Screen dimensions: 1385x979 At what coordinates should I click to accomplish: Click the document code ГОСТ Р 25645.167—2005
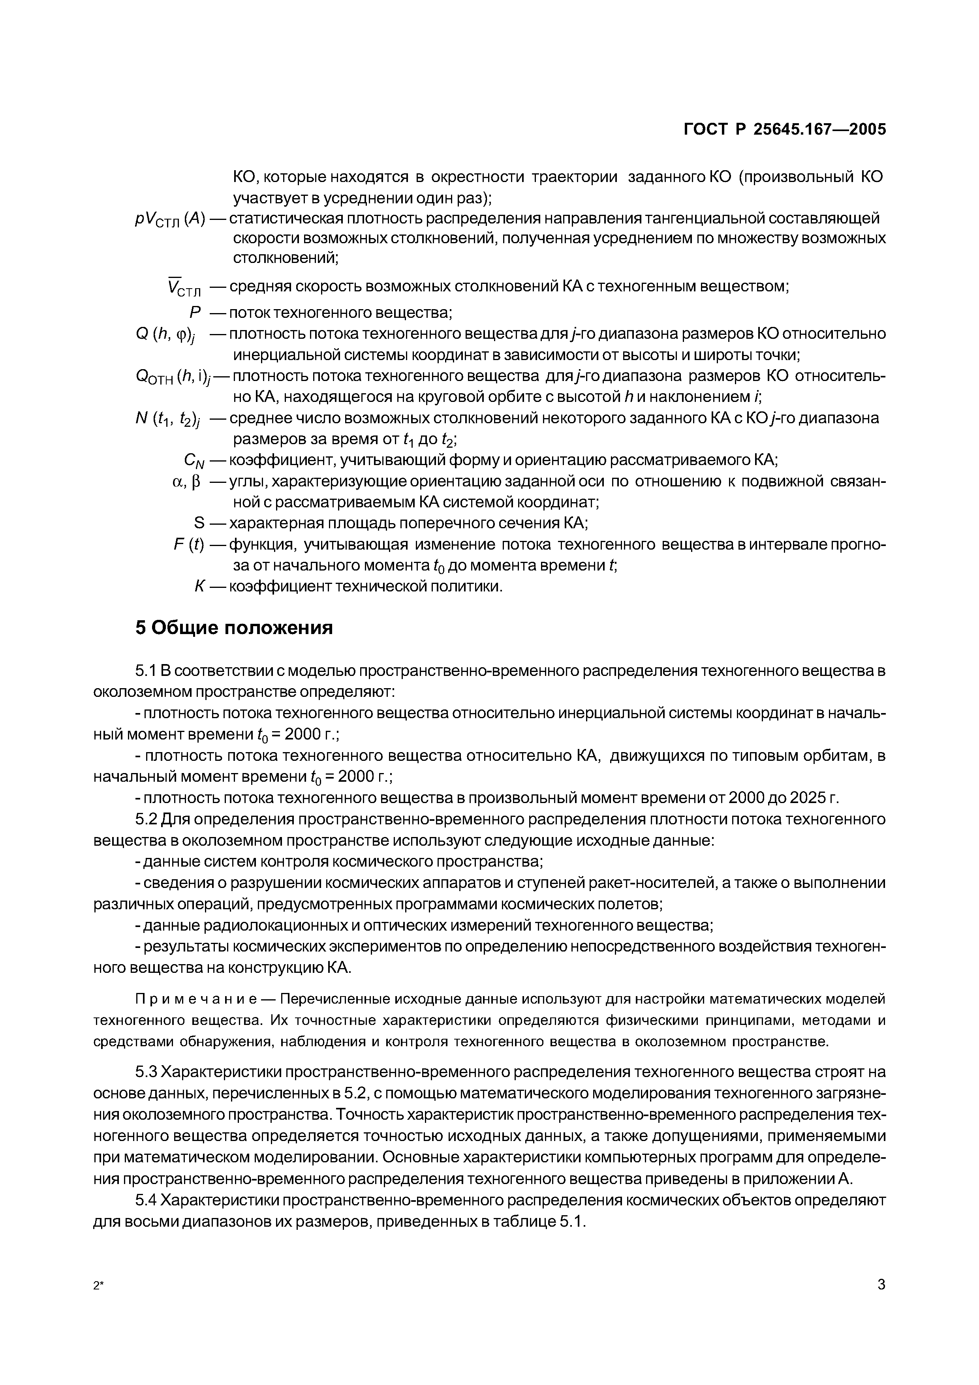pyautogui.click(x=785, y=129)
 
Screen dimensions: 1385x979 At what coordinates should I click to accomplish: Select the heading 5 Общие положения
pyautogui.click(x=234, y=628)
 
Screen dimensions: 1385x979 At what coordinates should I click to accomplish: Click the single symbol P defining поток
pyautogui.click(x=195, y=313)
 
